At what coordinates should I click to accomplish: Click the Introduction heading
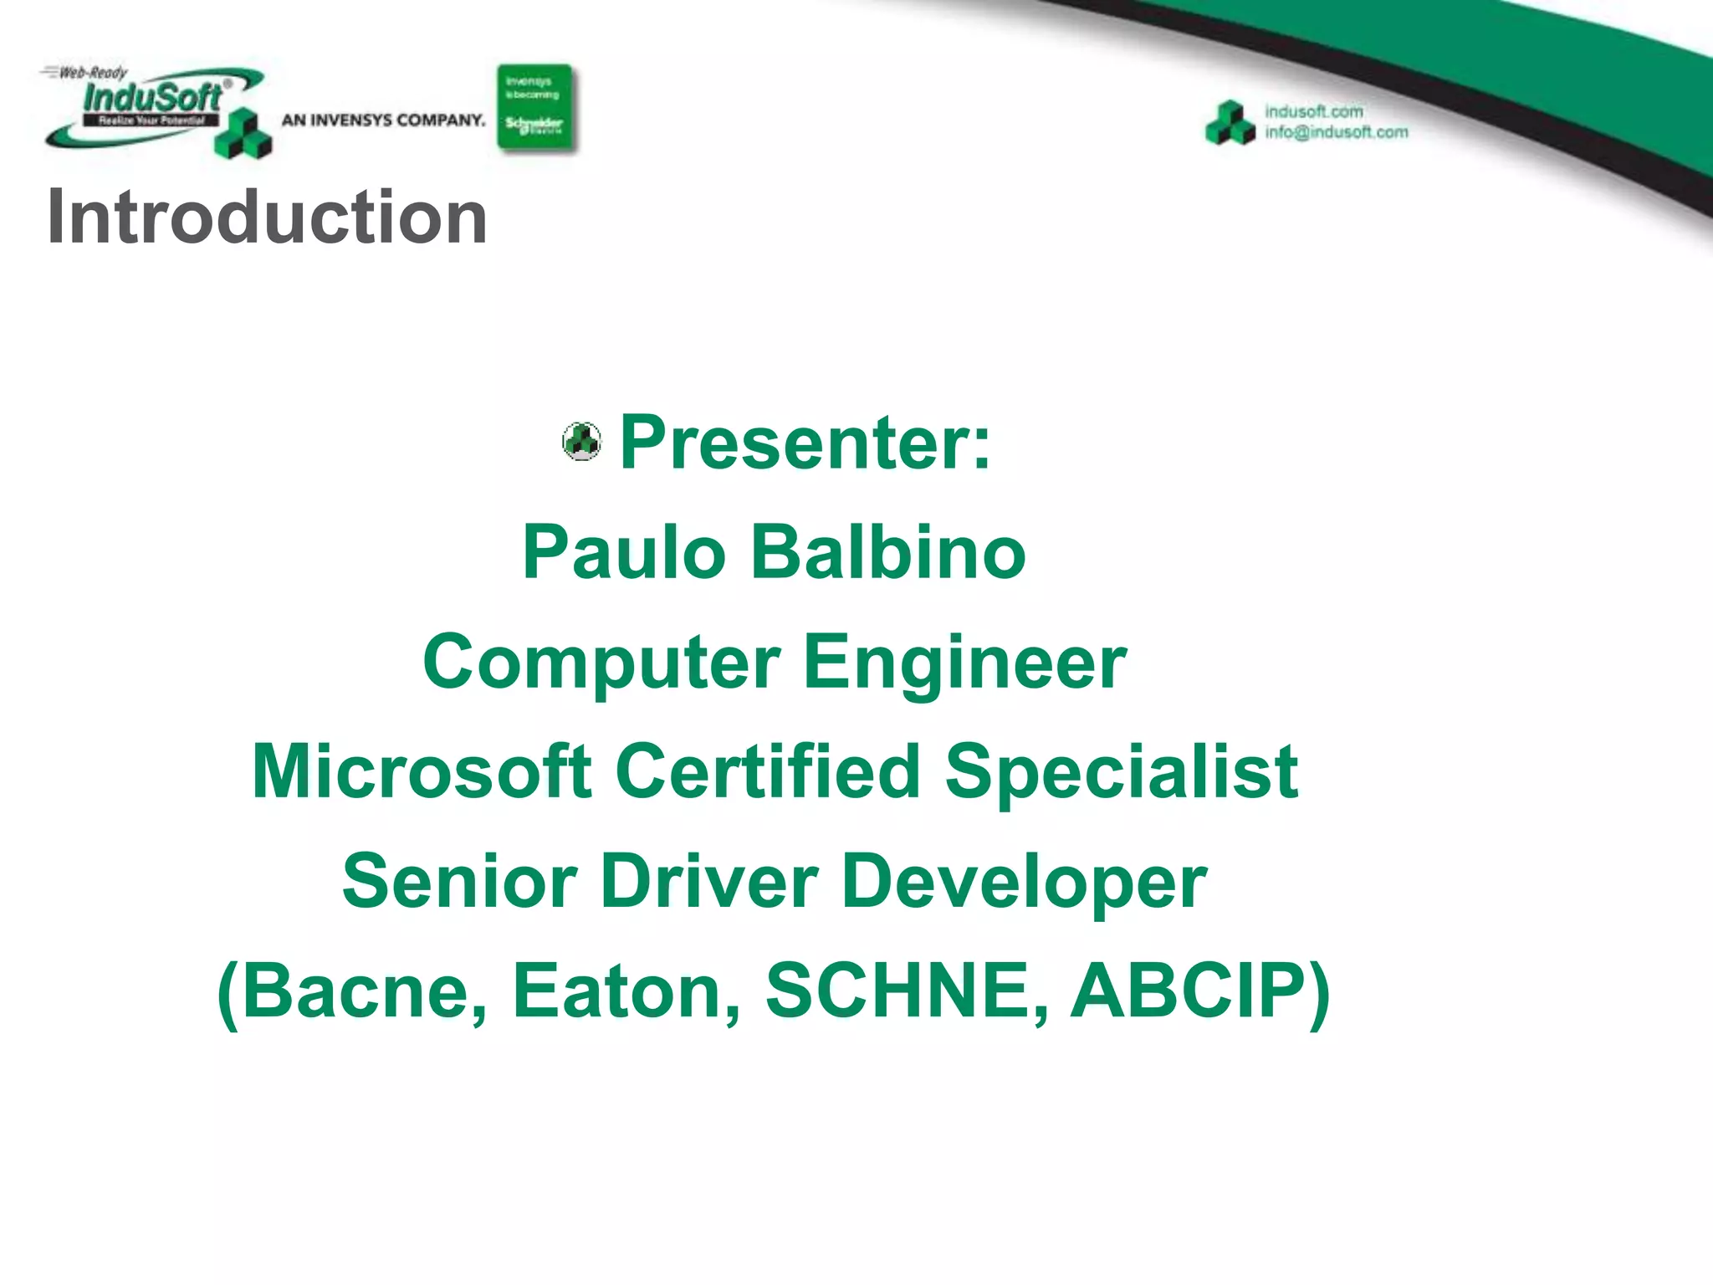click(x=267, y=217)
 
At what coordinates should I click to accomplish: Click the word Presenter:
click(x=805, y=443)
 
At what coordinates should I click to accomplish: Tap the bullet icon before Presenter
click(x=581, y=441)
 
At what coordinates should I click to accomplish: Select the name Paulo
click(x=624, y=552)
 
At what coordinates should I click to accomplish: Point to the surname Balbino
click(x=888, y=552)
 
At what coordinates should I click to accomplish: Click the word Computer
click(x=601, y=663)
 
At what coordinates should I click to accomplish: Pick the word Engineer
click(x=964, y=663)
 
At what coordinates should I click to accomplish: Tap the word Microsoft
click(x=422, y=771)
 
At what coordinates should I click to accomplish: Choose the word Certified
click(x=768, y=771)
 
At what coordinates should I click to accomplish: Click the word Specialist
click(x=1121, y=771)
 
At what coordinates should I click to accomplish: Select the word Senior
click(x=459, y=881)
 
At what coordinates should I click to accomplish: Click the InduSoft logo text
click(x=152, y=98)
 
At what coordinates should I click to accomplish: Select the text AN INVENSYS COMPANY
click(x=383, y=120)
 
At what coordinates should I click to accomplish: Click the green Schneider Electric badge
click(x=534, y=107)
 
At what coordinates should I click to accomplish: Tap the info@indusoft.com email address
click(x=1336, y=132)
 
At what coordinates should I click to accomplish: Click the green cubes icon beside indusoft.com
click(x=1230, y=123)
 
